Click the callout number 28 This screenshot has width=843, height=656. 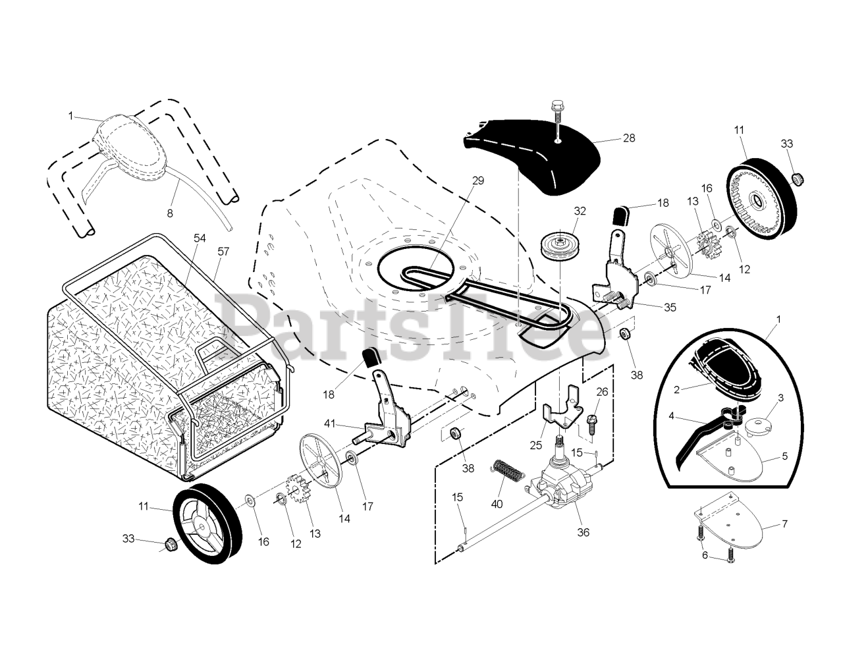tap(629, 138)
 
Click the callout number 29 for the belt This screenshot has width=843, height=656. tap(478, 180)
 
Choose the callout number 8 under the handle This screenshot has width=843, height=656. tap(170, 213)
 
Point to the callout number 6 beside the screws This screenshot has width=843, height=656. tap(704, 555)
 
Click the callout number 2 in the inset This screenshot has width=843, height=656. tap(676, 389)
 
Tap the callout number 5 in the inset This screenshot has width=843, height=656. tap(785, 455)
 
